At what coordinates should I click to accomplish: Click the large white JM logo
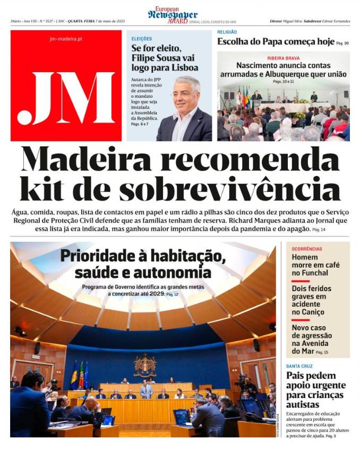pos(66,99)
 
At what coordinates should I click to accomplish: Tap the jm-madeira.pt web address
pos(66,39)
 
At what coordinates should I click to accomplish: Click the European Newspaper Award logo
pos(173,14)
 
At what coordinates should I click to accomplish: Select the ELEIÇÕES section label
pos(142,39)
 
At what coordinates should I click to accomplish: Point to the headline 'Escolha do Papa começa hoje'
pos(276,42)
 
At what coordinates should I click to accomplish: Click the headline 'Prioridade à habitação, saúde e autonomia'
pos(143,264)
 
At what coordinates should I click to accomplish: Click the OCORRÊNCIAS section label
pos(307,249)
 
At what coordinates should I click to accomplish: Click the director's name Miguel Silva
pos(292,21)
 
